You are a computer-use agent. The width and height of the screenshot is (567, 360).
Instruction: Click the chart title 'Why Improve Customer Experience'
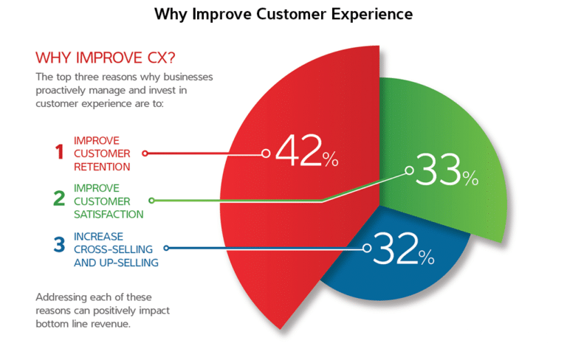(x=283, y=14)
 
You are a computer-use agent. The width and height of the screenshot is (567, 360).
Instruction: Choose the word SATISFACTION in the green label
(x=109, y=213)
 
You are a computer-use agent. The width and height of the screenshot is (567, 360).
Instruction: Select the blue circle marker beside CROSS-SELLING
(x=166, y=249)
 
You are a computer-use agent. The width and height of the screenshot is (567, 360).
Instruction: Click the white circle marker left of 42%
(x=266, y=153)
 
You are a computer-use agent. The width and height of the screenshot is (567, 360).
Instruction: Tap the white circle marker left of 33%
(x=408, y=170)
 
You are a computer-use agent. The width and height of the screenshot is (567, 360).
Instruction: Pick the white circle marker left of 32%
(x=367, y=249)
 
